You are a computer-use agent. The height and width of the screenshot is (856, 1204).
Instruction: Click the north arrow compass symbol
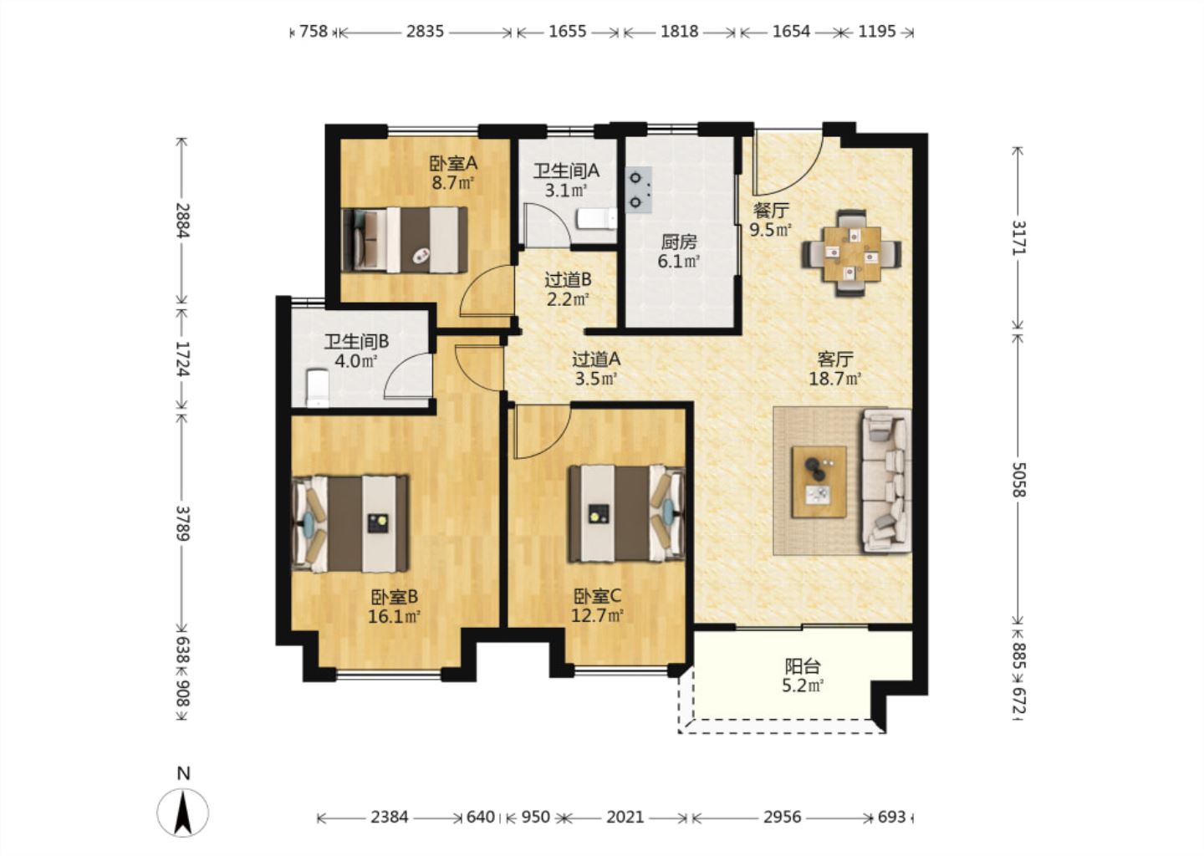coord(183,812)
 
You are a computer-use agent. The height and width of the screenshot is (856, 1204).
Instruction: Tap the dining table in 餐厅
coord(852,253)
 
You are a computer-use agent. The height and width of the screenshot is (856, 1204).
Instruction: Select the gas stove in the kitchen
coord(639,190)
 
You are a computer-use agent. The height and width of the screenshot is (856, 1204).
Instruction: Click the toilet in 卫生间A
coord(596,219)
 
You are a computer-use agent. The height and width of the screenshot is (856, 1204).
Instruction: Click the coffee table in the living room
coord(819,482)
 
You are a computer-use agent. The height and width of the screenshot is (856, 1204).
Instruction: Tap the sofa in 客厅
coord(887,481)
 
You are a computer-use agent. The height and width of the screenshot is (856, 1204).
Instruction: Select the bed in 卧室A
coord(405,240)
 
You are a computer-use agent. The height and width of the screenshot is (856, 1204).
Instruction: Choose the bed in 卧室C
coord(627,514)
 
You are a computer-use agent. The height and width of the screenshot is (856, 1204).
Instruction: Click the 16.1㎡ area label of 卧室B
coord(394,616)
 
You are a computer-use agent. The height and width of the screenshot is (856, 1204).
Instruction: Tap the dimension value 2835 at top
coord(425,32)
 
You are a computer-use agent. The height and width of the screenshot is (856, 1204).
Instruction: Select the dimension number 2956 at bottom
coord(782,818)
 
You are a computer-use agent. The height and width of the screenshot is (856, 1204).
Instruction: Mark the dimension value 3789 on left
coord(183,522)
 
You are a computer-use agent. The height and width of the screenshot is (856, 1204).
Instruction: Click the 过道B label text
coord(569,279)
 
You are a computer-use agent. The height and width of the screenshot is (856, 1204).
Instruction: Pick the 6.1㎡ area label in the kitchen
coord(679,262)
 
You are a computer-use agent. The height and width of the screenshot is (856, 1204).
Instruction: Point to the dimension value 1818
coord(680,32)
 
